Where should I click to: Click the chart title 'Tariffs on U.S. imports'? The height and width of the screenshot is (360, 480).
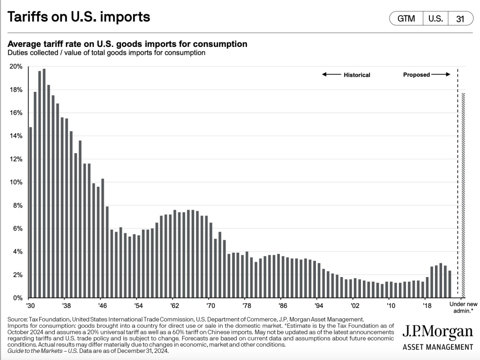(79, 17)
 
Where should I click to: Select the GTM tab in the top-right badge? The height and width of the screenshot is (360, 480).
(406, 19)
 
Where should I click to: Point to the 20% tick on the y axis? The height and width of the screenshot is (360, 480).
(15, 67)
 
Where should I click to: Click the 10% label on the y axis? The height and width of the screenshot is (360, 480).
(15, 182)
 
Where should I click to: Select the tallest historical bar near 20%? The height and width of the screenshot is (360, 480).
(44, 183)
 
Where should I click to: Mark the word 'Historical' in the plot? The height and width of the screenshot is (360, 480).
(357, 75)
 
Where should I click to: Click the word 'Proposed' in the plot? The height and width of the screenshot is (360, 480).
(416, 75)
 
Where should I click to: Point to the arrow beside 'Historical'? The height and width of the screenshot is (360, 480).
(331, 75)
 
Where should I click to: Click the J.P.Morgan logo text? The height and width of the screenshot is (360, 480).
(438, 332)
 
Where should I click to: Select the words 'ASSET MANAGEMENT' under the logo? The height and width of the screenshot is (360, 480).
(438, 347)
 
